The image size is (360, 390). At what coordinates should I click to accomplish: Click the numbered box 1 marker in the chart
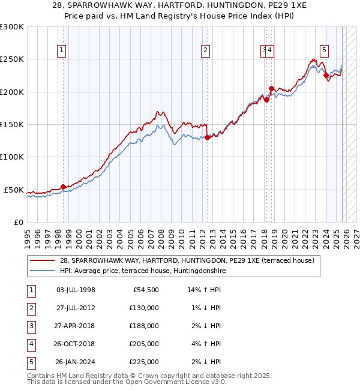pos(62,50)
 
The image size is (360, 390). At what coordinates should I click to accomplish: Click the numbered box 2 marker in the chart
pos(206,50)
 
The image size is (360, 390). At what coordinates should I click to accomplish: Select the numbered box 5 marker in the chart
pos(324,50)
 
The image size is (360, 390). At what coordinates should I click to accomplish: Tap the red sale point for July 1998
pos(63,187)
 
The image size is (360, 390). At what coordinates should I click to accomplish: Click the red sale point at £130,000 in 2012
pos(207,137)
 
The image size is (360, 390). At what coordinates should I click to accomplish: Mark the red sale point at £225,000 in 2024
pos(326,76)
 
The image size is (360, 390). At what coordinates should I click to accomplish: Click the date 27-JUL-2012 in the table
pos(76,308)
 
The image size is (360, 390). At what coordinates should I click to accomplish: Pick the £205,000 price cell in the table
pos(144,344)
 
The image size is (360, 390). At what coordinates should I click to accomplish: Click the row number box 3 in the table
pos(31,326)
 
